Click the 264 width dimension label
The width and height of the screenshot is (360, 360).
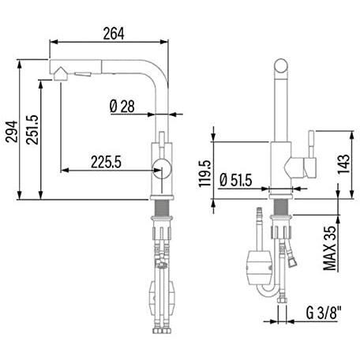click(x=113, y=33)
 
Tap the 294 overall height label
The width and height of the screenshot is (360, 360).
click(x=12, y=132)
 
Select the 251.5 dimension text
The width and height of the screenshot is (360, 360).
click(x=32, y=129)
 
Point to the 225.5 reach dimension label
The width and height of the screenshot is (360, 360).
click(x=106, y=162)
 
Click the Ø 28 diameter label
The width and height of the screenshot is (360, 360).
click(x=122, y=107)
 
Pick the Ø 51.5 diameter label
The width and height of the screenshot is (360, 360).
click(x=236, y=180)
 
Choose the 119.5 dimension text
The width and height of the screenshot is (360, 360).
click(x=205, y=174)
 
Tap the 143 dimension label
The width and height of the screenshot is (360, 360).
click(x=344, y=164)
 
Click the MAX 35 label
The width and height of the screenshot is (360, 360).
click(x=330, y=248)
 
